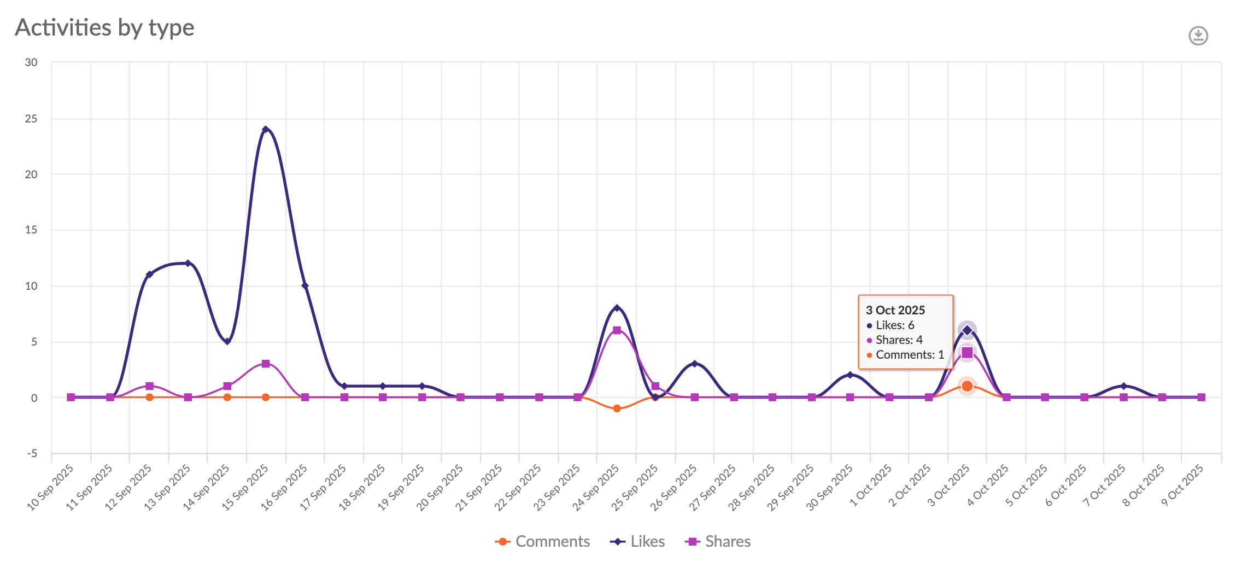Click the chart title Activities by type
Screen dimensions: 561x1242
pos(104,27)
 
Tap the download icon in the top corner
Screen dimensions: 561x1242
pos(1198,36)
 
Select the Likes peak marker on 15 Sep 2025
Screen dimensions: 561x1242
pos(266,130)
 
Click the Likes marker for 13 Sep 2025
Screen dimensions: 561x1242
pos(188,264)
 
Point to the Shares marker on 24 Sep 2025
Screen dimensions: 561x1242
pos(617,330)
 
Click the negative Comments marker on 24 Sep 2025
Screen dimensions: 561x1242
pos(617,408)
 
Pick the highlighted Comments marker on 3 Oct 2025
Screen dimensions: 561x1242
pos(967,386)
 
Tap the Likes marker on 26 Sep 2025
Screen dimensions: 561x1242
pos(694,364)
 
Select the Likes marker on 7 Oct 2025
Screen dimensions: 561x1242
pos(1123,386)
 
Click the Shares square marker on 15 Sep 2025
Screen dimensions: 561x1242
pos(266,364)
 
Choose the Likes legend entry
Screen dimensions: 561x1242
pos(637,541)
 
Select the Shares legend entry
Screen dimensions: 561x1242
pos(718,541)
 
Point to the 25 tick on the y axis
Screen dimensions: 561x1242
pos(31,119)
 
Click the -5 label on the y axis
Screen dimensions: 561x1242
pos(32,453)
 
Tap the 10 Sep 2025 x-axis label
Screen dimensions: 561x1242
pos(51,487)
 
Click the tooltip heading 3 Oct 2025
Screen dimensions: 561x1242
pos(895,310)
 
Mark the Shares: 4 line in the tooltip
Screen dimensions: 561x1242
pos(899,340)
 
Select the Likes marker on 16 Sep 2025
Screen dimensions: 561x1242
pos(305,286)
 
